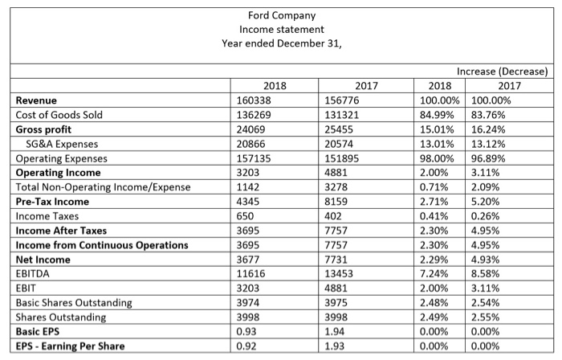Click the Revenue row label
point(38,100)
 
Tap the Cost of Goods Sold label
point(59,114)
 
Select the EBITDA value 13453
point(337,273)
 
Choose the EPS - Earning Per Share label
point(69,346)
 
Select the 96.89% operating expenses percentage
point(494,157)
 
